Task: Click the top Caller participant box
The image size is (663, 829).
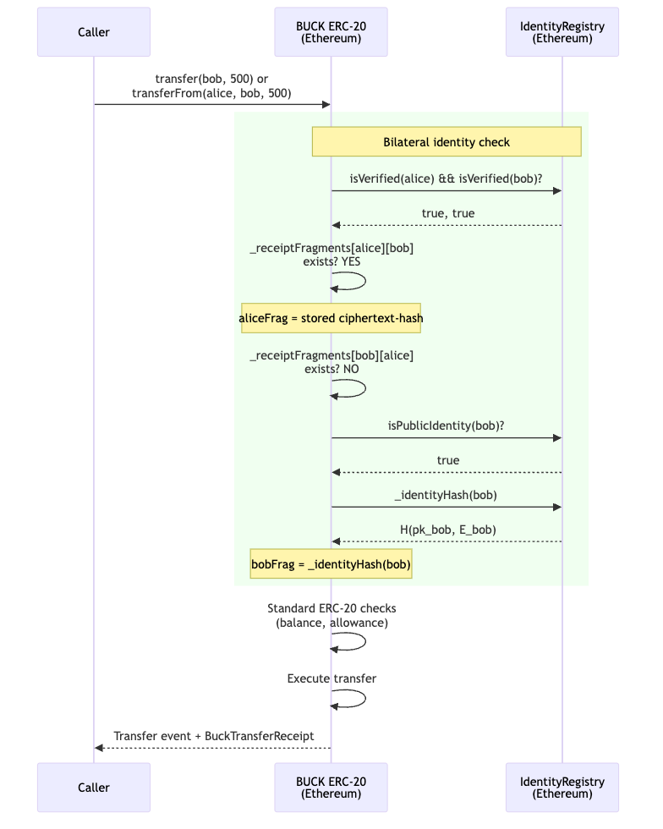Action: tap(94, 32)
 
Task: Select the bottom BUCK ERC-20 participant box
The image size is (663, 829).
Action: tap(331, 788)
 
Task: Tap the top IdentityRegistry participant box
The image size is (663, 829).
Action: tap(562, 32)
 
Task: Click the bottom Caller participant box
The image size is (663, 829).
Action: tap(94, 788)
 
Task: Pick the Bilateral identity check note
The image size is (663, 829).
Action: tap(447, 142)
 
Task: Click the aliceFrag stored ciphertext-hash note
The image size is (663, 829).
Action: tap(331, 318)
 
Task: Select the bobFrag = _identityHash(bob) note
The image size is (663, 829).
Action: tap(331, 564)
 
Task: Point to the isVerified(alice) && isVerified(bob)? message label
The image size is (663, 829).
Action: tap(447, 179)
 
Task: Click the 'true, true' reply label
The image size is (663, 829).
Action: tap(448, 213)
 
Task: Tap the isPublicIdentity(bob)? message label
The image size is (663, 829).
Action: tap(448, 425)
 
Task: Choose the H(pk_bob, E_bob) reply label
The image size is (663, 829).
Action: tap(448, 530)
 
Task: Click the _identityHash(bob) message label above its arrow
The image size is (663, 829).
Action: tap(447, 495)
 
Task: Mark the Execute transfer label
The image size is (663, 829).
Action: tap(331, 678)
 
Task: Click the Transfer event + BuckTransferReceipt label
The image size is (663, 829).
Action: tap(214, 736)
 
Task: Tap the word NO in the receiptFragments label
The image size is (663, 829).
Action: tap(349, 369)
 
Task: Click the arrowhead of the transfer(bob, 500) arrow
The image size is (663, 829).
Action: tap(325, 104)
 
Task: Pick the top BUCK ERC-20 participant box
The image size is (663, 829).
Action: tap(331, 32)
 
